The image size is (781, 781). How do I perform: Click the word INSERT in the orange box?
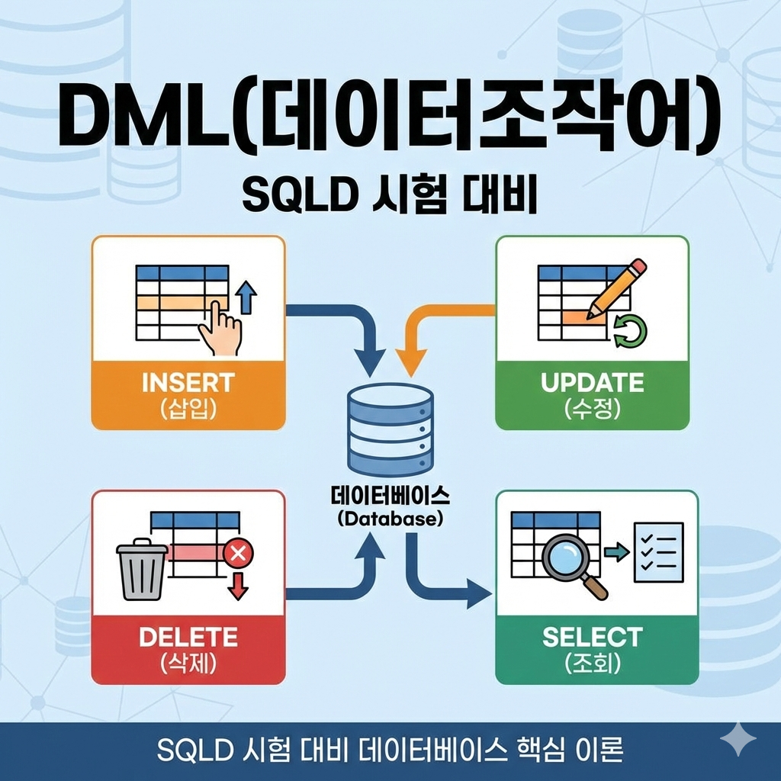[x=188, y=382]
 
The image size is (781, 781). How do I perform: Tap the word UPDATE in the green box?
[x=592, y=382]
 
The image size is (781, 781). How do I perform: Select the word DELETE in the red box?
[x=188, y=636]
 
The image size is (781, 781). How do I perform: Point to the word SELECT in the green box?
[x=592, y=636]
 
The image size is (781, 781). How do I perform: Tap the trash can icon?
[x=142, y=570]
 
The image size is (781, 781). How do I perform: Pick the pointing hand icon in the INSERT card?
[x=220, y=328]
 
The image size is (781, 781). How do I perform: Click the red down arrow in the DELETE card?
[x=239, y=584]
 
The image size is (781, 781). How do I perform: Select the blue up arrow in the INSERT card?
[x=245, y=295]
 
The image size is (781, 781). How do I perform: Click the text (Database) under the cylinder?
[x=390, y=519]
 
